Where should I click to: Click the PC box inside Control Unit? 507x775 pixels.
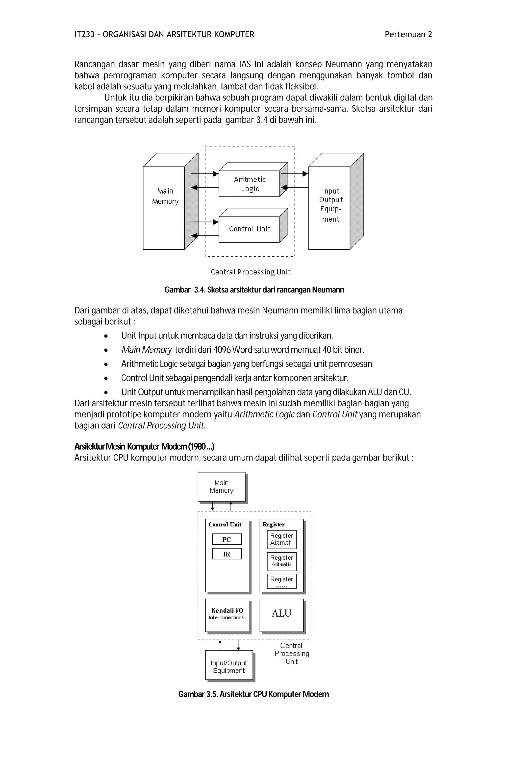(x=227, y=539)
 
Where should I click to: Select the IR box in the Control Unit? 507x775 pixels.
(x=227, y=554)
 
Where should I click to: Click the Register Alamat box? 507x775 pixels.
(x=281, y=539)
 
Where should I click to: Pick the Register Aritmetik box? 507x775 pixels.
(x=281, y=561)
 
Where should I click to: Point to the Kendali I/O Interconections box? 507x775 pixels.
(x=227, y=614)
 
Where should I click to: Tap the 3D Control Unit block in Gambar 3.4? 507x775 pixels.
(x=249, y=229)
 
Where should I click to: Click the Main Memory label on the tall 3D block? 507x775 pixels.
(x=165, y=196)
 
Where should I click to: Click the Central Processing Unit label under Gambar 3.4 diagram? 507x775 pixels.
(x=250, y=272)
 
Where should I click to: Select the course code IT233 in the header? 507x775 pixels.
(x=84, y=34)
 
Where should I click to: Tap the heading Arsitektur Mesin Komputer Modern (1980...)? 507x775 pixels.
(x=144, y=446)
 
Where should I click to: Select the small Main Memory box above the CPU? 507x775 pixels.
(x=222, y=486)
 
